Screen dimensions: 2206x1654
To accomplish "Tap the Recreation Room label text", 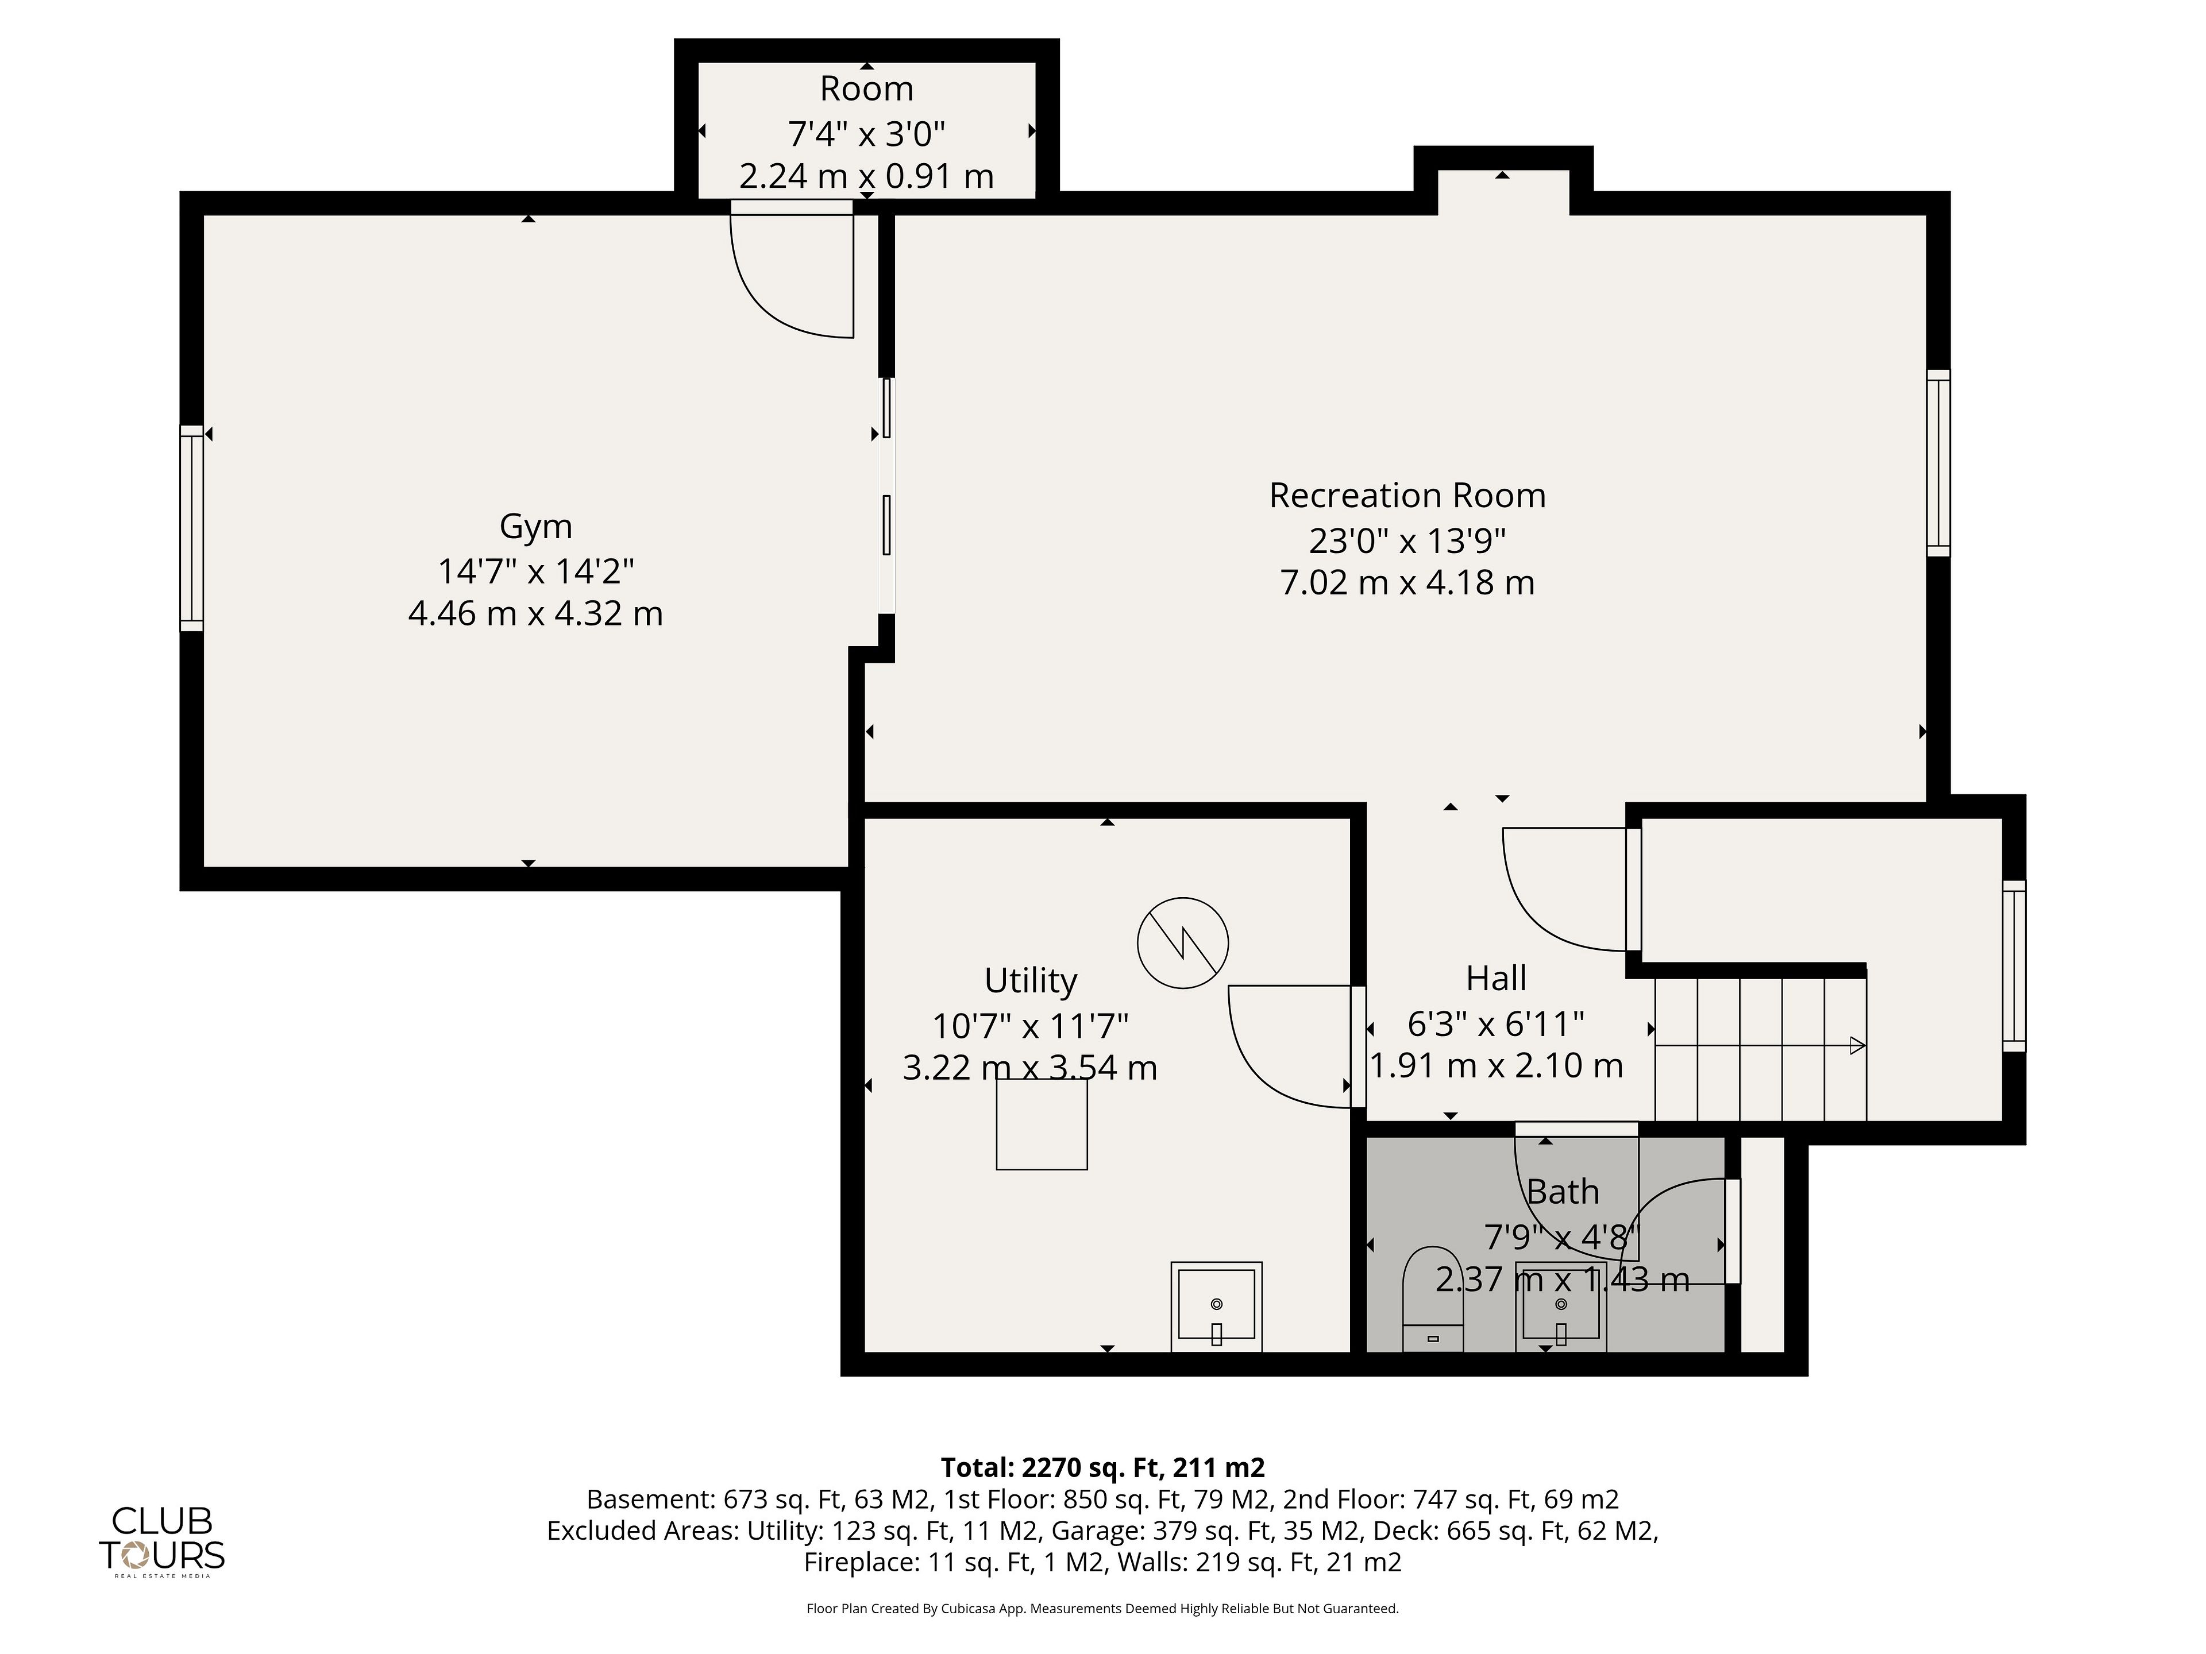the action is pos(1407,496).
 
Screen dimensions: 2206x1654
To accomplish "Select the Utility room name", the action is pos(1030,981).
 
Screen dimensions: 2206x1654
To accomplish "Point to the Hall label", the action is pos(1496,978).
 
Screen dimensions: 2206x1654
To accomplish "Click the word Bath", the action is pos(1563,1192).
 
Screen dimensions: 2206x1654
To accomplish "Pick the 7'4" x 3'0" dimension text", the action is pos(866,133).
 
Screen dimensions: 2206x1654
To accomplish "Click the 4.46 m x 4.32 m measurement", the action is pos(535,613).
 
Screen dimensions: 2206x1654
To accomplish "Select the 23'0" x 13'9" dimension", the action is pos(1407,540).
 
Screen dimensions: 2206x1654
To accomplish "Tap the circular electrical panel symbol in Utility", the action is pos(1183,942).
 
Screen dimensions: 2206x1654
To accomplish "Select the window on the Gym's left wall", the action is pos(191,528).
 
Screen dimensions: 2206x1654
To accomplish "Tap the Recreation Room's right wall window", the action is pos(1938,462).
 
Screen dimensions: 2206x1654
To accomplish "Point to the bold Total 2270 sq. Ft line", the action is pos(1103,1467).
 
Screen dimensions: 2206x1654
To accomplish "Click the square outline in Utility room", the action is pos(1041,1124).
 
